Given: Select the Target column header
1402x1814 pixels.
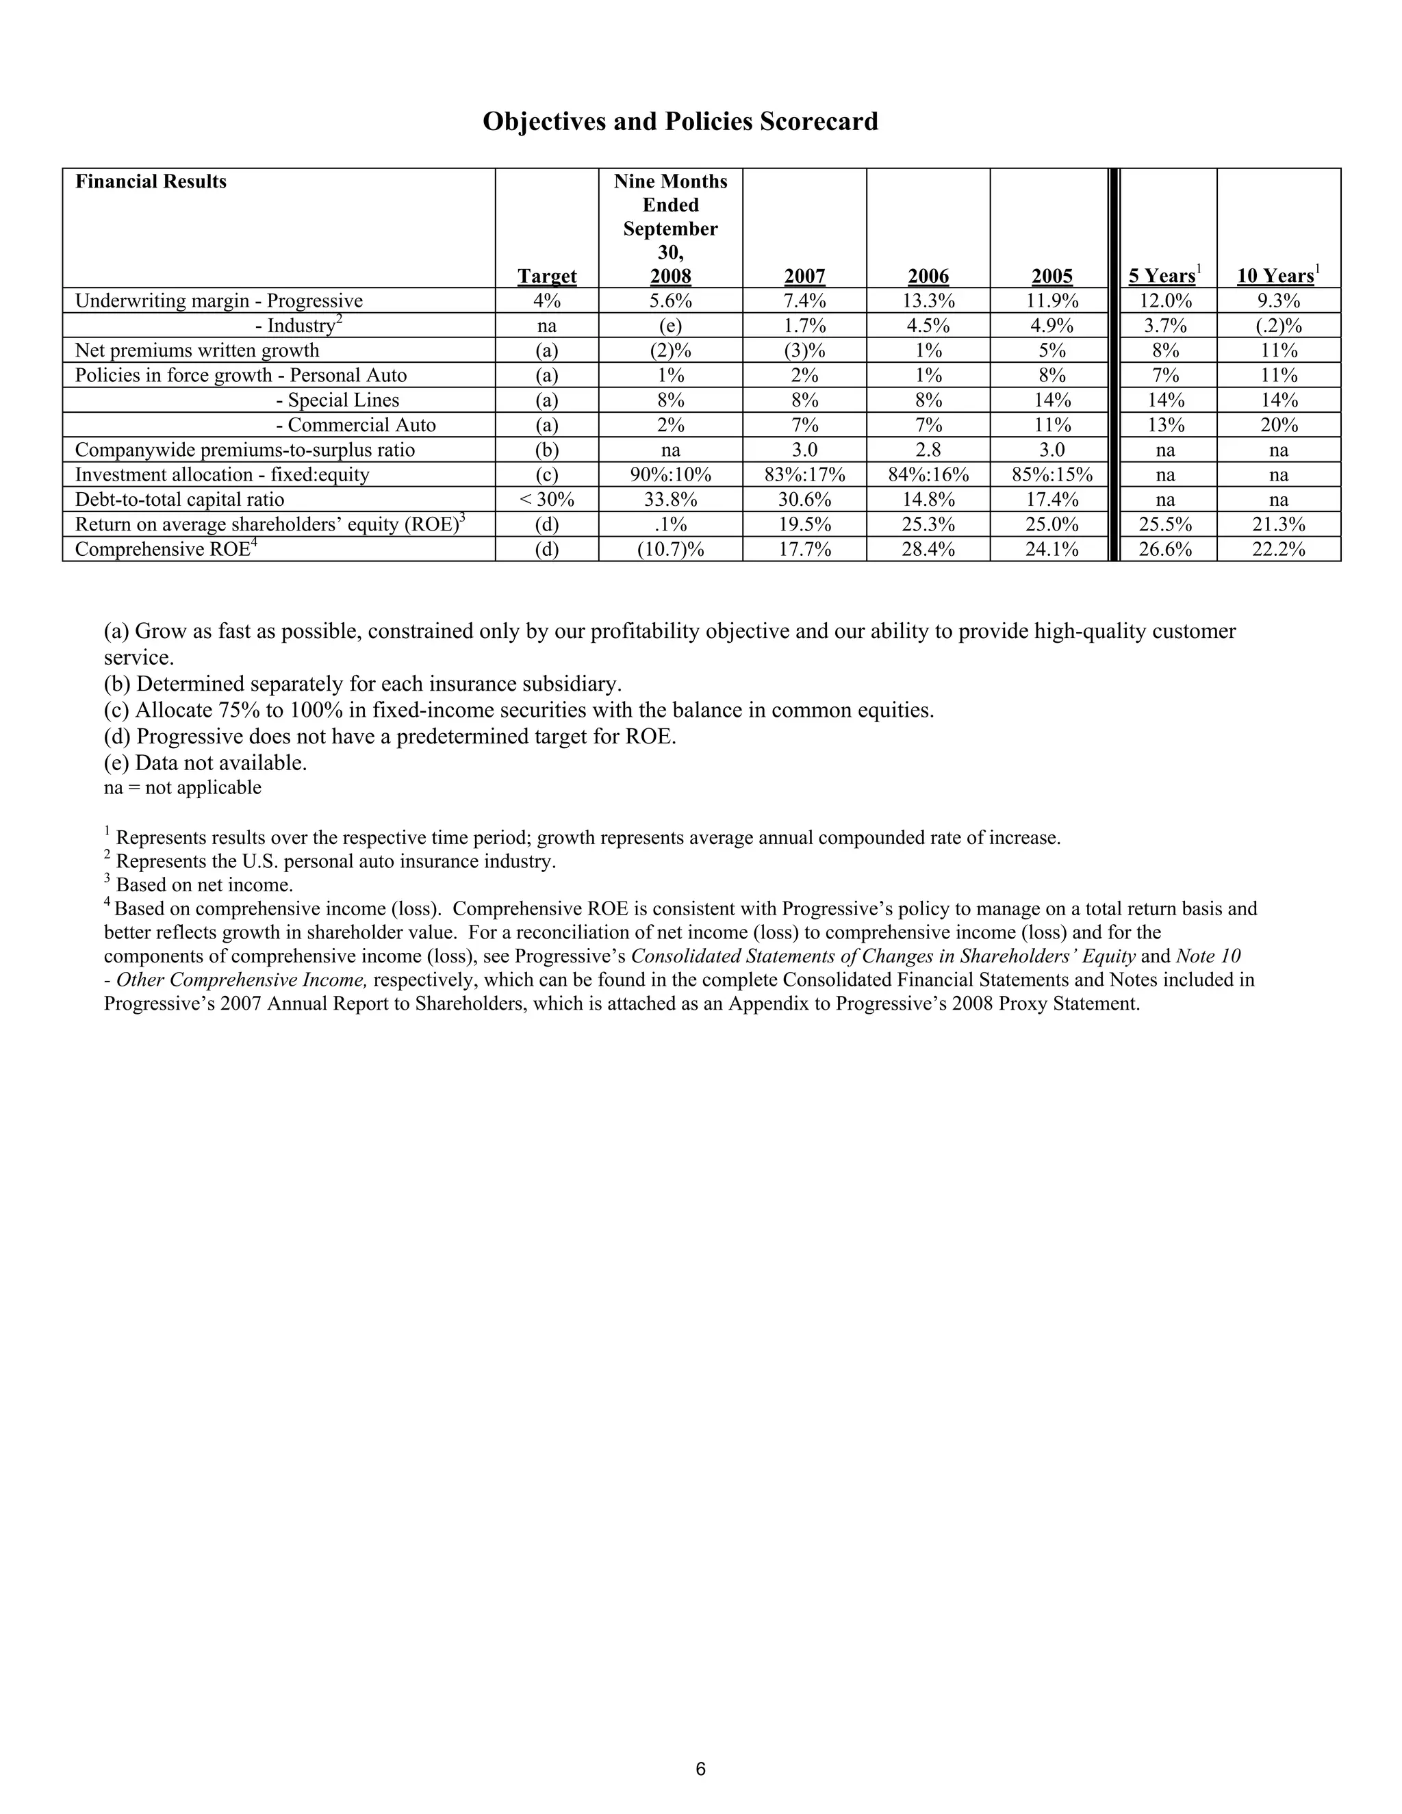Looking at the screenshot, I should (x=546, y=276).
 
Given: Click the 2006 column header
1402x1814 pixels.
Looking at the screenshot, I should (x=928, y=276).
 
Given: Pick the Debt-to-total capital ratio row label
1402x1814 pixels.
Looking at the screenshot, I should (x=179, y=499).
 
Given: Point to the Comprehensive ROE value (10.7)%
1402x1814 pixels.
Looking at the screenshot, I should (x=670, y=549).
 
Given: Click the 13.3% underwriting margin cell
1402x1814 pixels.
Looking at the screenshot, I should (x=928, y=301).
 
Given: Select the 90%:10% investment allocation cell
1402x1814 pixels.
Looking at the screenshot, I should (x=670, y=474).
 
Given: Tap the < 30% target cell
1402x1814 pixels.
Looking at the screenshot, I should (x=546, y=499).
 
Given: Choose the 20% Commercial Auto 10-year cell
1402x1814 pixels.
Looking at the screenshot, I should (x=1278, y=424).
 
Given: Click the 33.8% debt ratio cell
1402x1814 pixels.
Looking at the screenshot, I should (x=670, y=499).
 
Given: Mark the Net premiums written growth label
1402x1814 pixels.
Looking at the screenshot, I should (x=197, y=350).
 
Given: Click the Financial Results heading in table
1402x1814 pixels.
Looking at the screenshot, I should (x=151, y=182).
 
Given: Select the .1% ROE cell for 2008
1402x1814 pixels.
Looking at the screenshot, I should (x=670, y=524).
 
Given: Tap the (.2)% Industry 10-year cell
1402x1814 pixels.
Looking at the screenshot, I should (x=1278, y=326).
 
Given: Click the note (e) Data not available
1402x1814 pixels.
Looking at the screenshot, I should (x=205, y=763).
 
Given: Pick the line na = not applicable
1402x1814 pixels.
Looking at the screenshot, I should (x=182, y=787).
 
